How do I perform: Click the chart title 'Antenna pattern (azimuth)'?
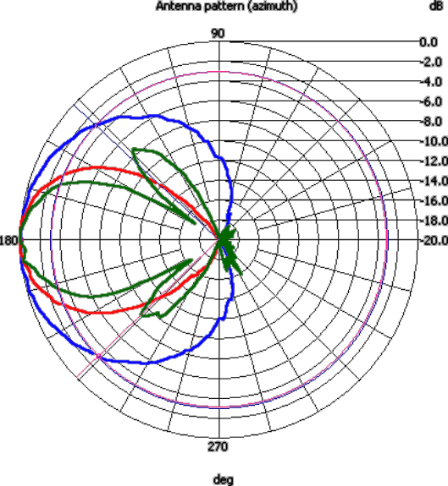(x=226, y=6)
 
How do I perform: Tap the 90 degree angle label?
(x=218, y=34)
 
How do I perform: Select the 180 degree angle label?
(x=8, y=241)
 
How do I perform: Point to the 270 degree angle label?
(x=218, y=446)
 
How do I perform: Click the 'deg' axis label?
(x=224, y=480)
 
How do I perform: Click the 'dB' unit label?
(x=436, y=6)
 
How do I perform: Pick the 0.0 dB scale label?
(x=429, y=42)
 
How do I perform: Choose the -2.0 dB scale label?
(x=432, y=63)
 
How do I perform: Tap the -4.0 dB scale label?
(x=432, y=82)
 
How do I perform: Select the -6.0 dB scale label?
(x=432, y=102)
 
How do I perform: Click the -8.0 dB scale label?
(x=432, y=122)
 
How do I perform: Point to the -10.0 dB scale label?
(x=434, y=142)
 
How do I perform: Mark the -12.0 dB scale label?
(x=434, y=161)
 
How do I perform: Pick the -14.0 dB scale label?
(x=434, y=181)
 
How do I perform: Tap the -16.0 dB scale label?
(x=434, y=201)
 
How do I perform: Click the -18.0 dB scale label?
(x=434, y=221)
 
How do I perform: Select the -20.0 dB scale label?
(x=434, y=241)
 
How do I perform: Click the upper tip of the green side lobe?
(x=134, y=150)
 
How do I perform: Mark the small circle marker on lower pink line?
(x=99, y=357)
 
